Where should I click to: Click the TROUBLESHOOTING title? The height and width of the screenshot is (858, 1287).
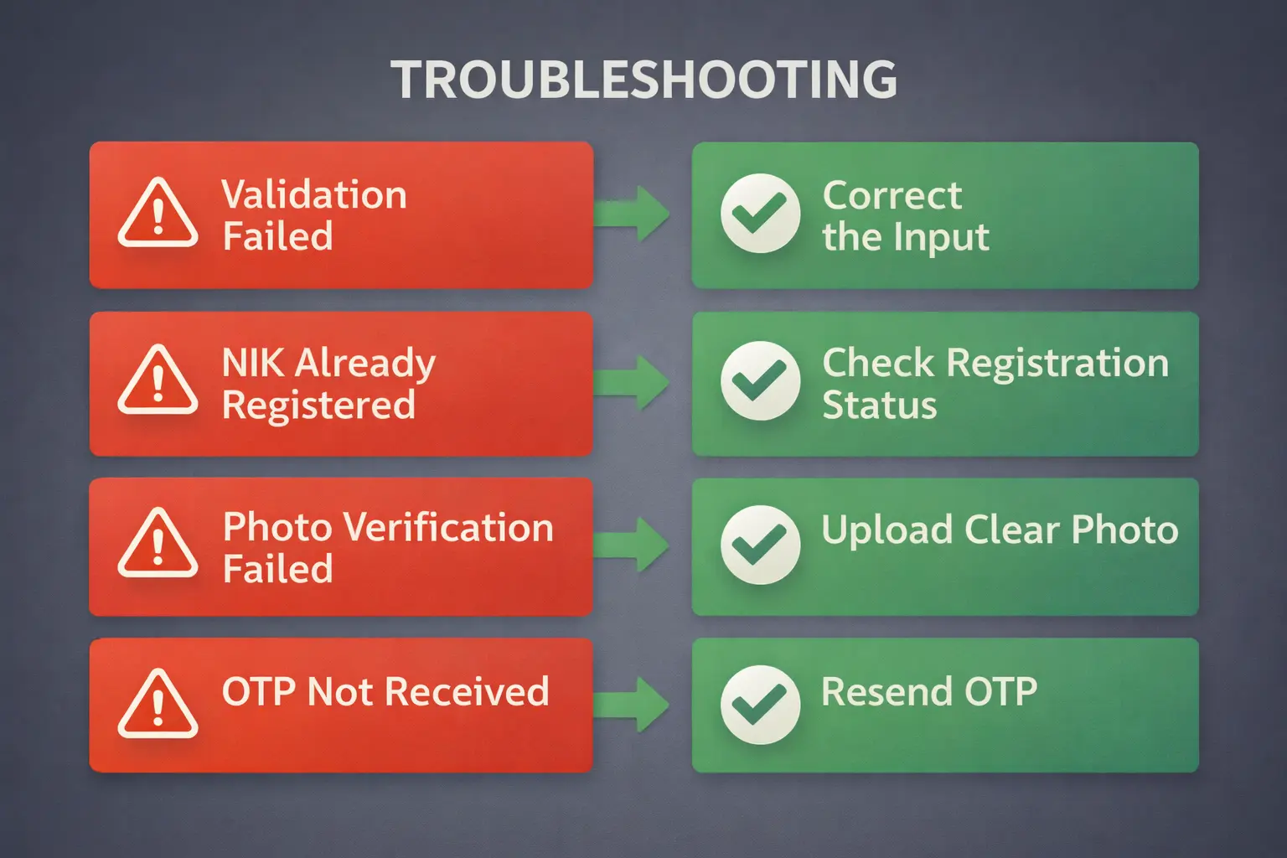[643, 80]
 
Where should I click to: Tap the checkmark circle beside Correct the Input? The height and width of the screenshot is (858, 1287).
[760, 213]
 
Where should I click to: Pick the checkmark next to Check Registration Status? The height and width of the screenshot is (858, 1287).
[760, 380]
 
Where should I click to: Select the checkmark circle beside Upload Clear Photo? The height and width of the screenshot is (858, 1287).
[760, 545]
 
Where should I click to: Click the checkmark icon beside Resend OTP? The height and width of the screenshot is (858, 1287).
[760, 706]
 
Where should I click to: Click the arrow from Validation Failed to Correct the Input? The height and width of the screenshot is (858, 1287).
[631, 214]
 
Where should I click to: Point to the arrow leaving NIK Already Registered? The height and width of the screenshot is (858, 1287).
[631, 382]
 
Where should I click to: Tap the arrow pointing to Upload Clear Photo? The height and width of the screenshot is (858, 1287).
[631, 545]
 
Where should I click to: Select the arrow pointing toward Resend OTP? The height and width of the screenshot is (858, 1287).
[631, 706]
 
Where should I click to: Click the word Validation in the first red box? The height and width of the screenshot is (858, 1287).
[314, 194]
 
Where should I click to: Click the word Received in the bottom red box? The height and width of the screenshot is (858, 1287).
[467, 690]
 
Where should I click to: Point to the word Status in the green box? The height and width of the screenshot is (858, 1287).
[879, 405]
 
